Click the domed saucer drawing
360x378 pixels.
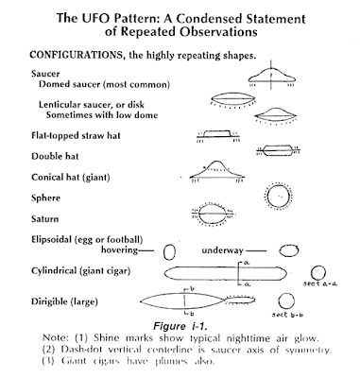273,80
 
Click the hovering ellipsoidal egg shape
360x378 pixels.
170,251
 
